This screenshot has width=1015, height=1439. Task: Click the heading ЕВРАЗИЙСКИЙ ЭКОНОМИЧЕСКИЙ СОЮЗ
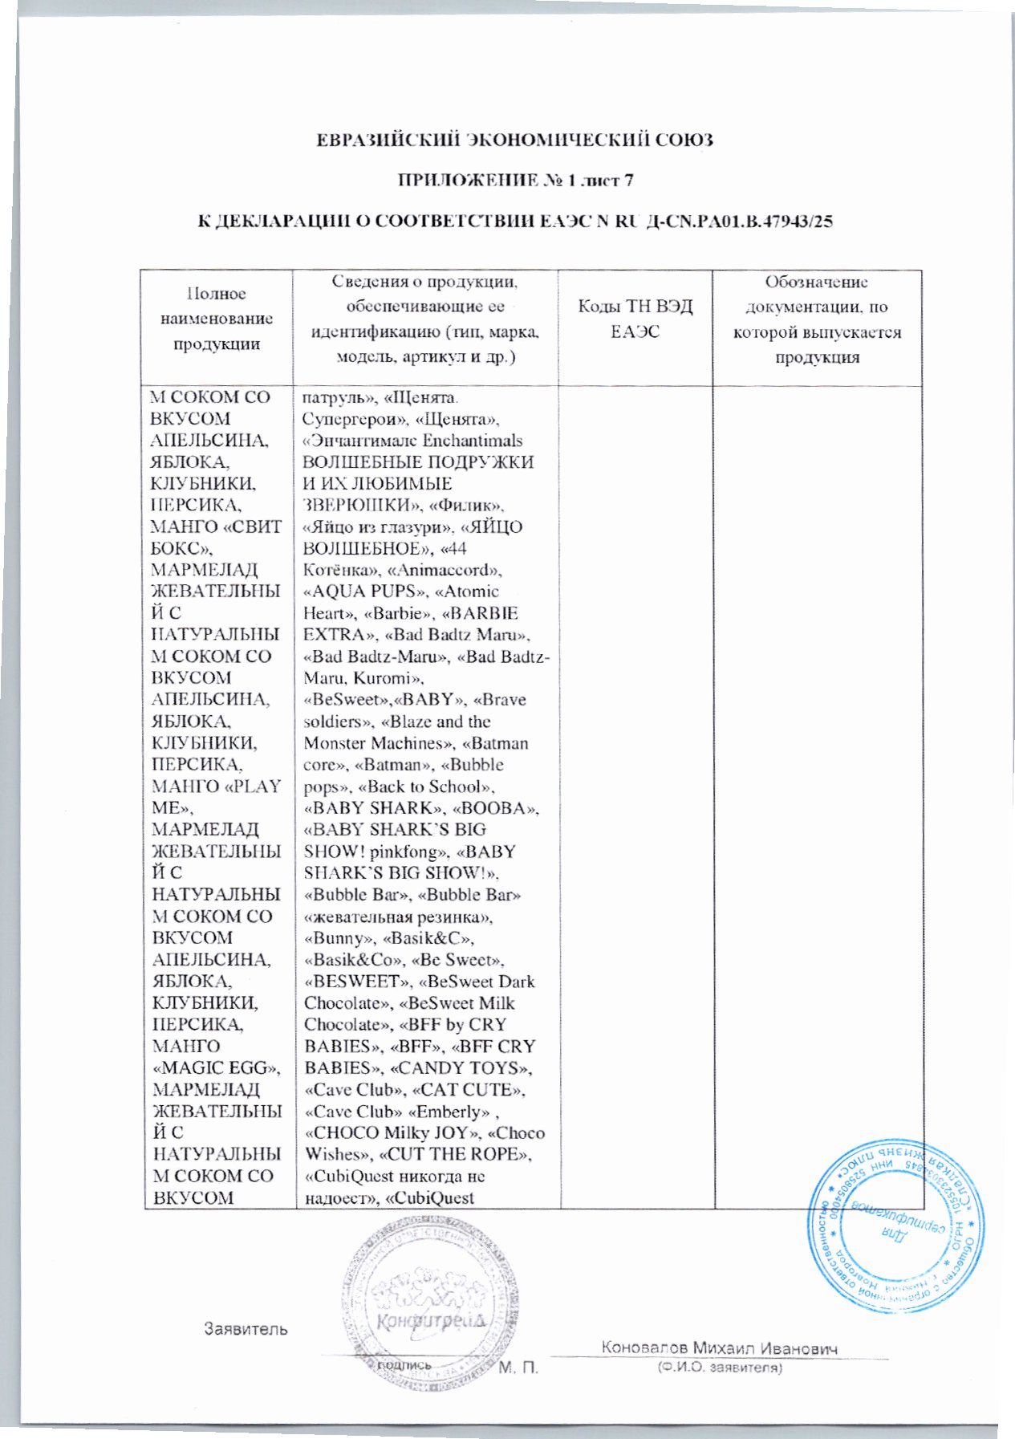514,140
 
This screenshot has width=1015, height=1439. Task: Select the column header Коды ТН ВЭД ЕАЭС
635,319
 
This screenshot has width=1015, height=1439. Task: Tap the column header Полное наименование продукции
216,319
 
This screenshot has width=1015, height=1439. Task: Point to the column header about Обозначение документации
817,319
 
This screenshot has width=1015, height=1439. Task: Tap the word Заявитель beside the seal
245,1329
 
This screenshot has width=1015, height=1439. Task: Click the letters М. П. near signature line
518,1368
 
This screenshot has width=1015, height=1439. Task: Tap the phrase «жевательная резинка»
398,917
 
